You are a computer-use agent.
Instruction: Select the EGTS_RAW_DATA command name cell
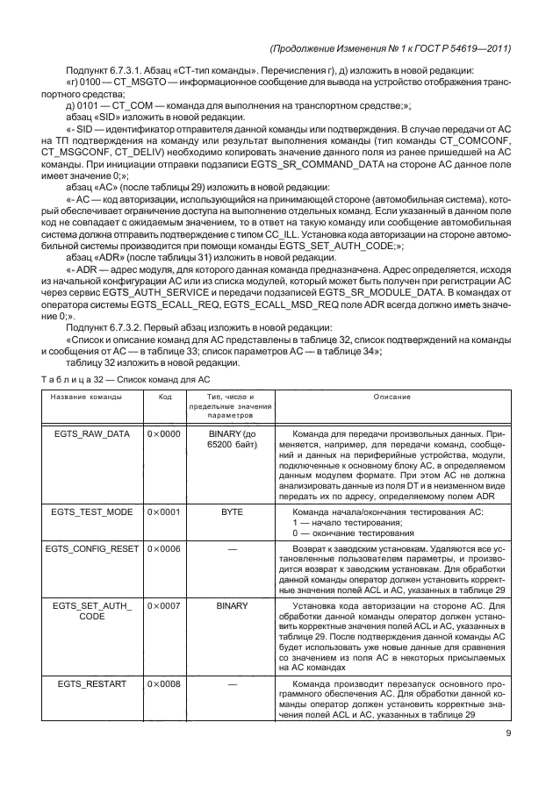tap(86, 433)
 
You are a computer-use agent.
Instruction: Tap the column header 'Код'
tap(164, 397)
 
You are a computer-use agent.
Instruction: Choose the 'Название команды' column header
tap(86, 397)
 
